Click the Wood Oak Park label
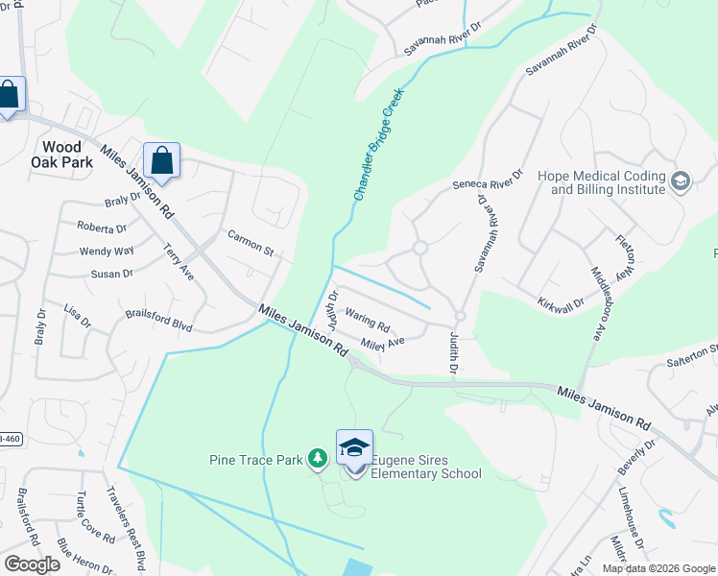click(x=68, y=155)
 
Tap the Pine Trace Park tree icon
click(x=318, y=460)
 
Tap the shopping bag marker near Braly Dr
click(x=161, y=161)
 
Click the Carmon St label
click(x=251, y=244)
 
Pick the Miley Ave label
click(x=383, y=343)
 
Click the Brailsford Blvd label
click(x=159, y=321)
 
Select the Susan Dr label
click(x=111, y=275)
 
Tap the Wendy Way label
click(x=107, y=252)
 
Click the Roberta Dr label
click(x=102, y=228)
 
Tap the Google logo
click(x=32, y=564)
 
